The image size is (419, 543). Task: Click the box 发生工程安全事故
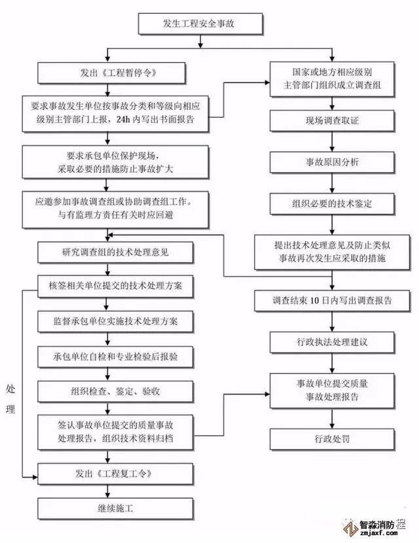(201, 24)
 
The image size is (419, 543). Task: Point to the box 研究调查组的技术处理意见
(116, 252)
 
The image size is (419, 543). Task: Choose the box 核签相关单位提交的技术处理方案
(116, 286)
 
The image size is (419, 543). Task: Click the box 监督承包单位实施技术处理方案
(116, 322)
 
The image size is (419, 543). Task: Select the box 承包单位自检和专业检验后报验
(116, 357)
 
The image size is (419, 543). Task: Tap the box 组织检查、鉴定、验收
(116, 391)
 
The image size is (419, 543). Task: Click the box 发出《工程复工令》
(116, 472)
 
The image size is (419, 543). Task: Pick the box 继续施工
(116, 508)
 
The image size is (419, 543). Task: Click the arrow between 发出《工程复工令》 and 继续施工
(116, 490)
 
